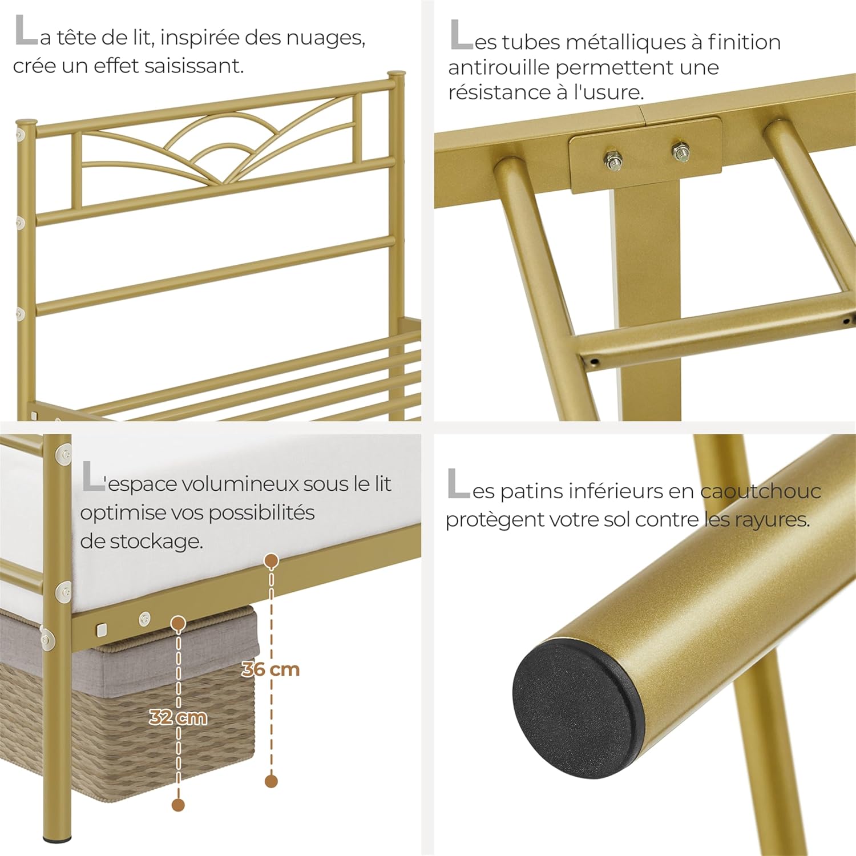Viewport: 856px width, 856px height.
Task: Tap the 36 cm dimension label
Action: pyautogui.click(x=270, y=669)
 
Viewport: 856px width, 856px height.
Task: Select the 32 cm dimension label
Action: pyautogui.click(x=178, y=717)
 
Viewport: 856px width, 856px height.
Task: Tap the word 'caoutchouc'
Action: pyautogui.click(x=760, y=491)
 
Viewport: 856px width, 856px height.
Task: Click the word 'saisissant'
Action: pyautogui.click(x=193, y=66)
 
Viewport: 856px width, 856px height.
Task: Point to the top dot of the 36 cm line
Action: pyautogui.click(x=272, y=561)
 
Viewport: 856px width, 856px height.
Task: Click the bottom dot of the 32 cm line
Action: pyautogui.click(x=178, y=805)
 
